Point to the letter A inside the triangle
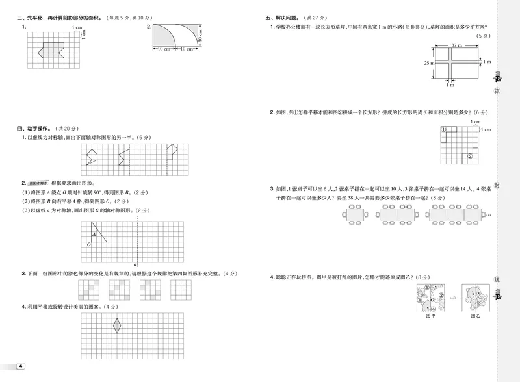point(94,234)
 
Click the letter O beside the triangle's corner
point(88,244)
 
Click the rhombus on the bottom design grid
point(118,325)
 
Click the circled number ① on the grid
point(444,131)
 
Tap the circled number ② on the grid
point(469,156)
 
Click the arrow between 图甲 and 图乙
point(453,298)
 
